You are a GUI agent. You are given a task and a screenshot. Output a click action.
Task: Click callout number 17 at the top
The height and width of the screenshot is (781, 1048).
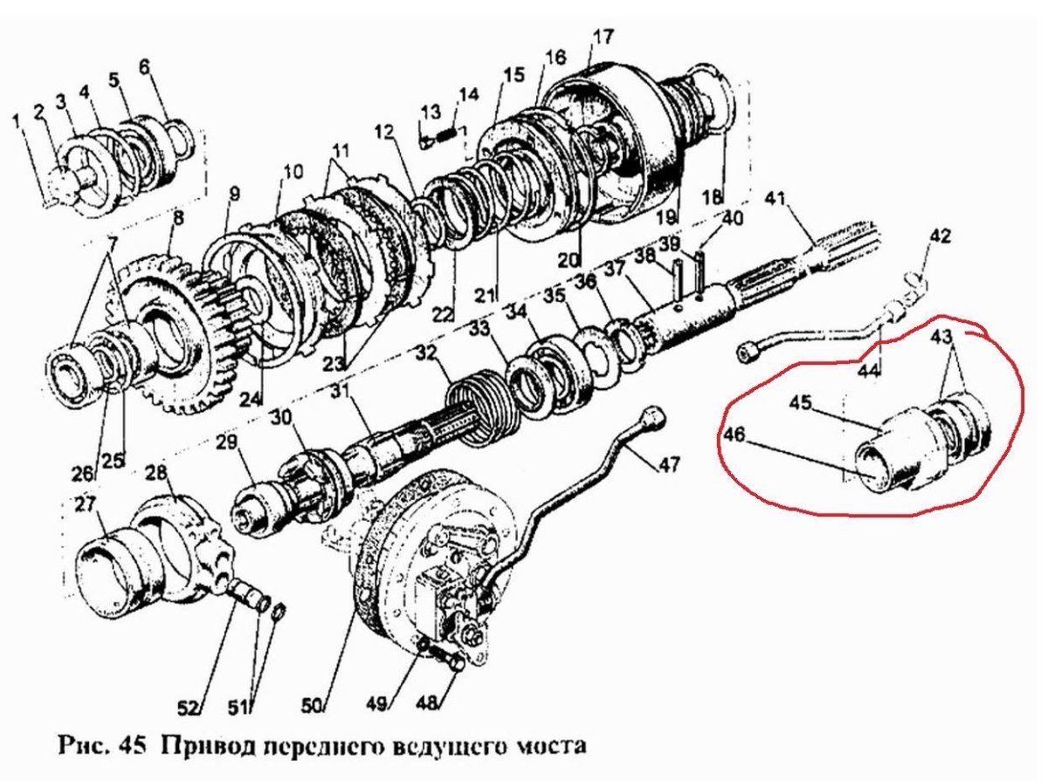click(603, 37)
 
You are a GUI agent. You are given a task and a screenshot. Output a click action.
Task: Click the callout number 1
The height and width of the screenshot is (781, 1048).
click(16, 121)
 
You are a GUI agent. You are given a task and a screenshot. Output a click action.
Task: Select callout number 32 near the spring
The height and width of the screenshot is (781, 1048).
click(424, 353)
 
